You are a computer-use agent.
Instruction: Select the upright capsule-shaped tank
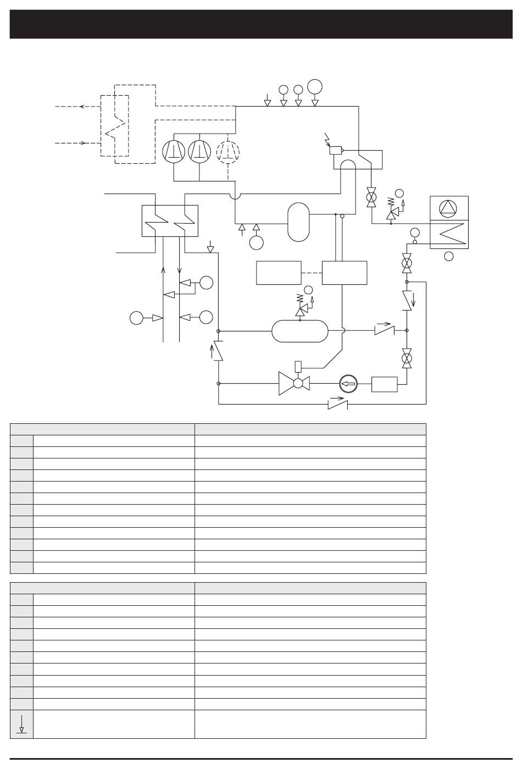298,222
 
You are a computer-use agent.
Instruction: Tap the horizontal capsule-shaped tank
300,331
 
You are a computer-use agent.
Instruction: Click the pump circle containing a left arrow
348,384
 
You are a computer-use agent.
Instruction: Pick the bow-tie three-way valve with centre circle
294,384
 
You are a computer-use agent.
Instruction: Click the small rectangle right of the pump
384,384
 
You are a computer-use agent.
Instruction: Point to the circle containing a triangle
448,207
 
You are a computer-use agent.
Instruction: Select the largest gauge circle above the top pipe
315,86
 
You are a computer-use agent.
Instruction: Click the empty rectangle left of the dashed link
279,273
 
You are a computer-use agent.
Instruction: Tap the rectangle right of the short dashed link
344,273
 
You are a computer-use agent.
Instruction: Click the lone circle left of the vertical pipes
136,318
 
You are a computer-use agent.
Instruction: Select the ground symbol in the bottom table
21,724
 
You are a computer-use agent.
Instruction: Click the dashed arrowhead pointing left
81,107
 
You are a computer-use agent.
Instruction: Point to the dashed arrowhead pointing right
84,143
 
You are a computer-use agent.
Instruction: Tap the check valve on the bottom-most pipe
336,404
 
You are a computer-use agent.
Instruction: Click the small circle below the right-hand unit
449,256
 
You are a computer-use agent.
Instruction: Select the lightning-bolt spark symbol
328,139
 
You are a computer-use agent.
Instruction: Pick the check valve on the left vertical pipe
218,351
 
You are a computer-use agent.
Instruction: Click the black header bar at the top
261,24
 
